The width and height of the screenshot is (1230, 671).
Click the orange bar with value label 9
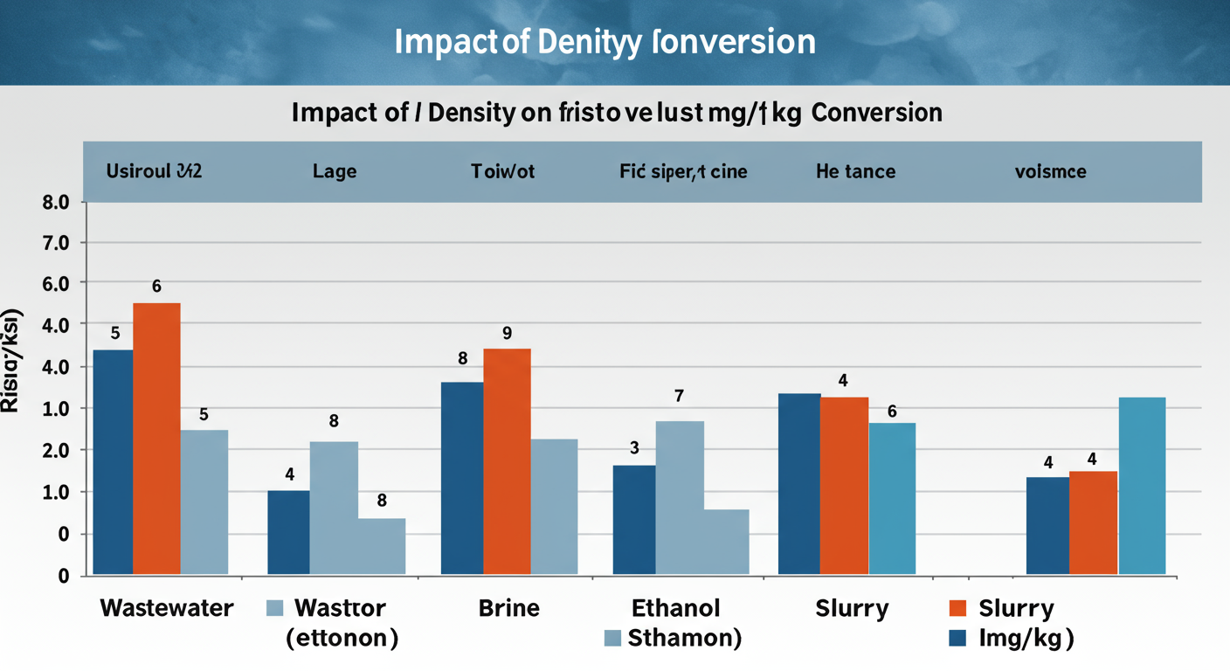pos(507,460)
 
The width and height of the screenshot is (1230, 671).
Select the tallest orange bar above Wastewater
pos(156,438)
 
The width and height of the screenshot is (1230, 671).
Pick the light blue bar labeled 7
pos(680,497)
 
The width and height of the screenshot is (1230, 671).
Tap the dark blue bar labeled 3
pos(634,519)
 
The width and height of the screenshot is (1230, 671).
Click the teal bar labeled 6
pos(892,498)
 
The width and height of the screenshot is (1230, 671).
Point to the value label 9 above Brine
pos(507,333)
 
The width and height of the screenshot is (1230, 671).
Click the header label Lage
pos(335,171)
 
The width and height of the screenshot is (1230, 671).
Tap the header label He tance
pos(855,171)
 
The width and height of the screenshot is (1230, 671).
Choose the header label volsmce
pos(1050,171)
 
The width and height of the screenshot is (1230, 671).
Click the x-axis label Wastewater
pos(167,608)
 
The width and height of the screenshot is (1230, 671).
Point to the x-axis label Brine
pos(509,608)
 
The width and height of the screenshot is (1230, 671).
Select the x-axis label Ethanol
pos(676,608)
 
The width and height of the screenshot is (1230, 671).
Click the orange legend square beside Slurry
pos(958,608)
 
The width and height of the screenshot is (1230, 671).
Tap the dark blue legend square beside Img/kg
pos(958,639)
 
